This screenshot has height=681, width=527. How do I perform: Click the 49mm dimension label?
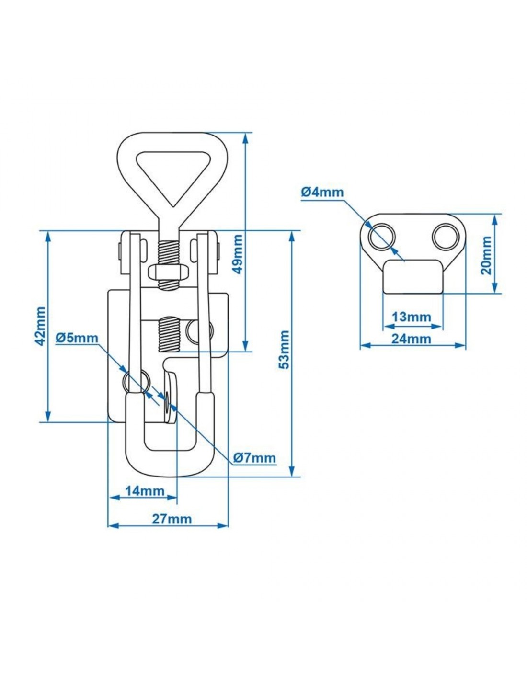click(238, 254)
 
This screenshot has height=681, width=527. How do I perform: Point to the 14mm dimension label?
click(145, 491)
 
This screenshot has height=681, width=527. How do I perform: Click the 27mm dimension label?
click(172, 519)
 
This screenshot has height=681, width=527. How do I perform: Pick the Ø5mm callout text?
click(77, 338)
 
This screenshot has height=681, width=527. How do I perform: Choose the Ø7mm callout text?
click(254, 458)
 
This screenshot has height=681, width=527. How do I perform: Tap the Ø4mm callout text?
click(322, 192)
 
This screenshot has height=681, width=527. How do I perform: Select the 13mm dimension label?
click(411, 317)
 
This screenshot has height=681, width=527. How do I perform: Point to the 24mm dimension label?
click(411, 339)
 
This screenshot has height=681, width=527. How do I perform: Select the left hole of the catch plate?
click(381, 237)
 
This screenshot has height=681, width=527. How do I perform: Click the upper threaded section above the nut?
click(169, 251)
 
